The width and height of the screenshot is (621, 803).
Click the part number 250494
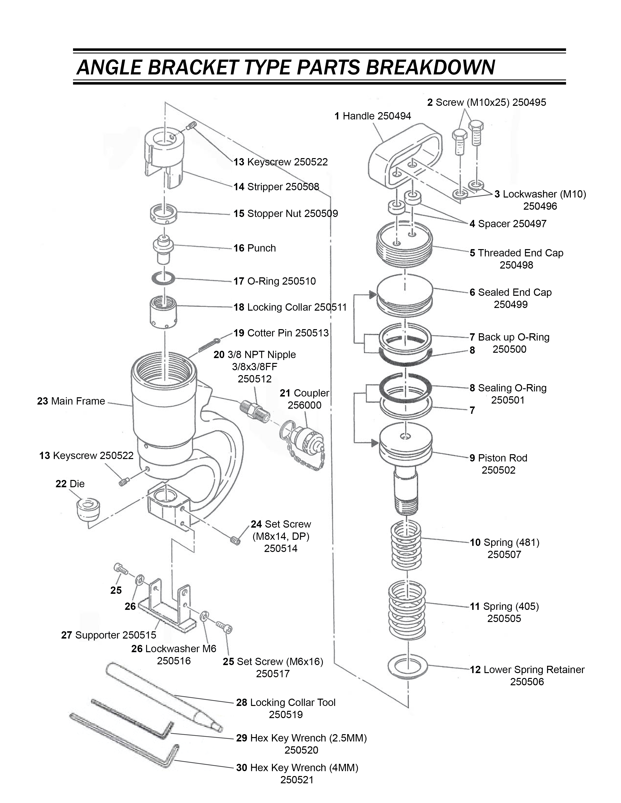[x=394, y=116]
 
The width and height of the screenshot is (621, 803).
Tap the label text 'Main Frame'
[x=78, y=401]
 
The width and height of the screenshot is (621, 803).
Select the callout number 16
[x=239, y=248]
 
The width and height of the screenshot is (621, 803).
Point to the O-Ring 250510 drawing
[x=163, y=278]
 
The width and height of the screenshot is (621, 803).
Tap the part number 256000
[x=304, y=405]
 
